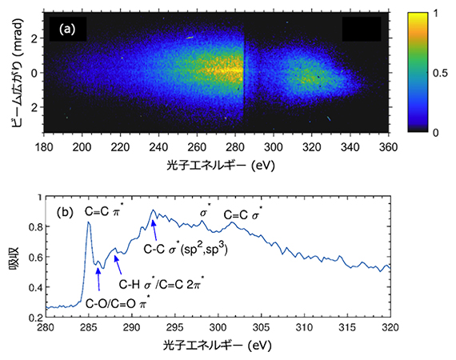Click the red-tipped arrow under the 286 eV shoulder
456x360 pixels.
pos(98,279)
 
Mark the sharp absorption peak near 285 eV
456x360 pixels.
pos(88,222)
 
